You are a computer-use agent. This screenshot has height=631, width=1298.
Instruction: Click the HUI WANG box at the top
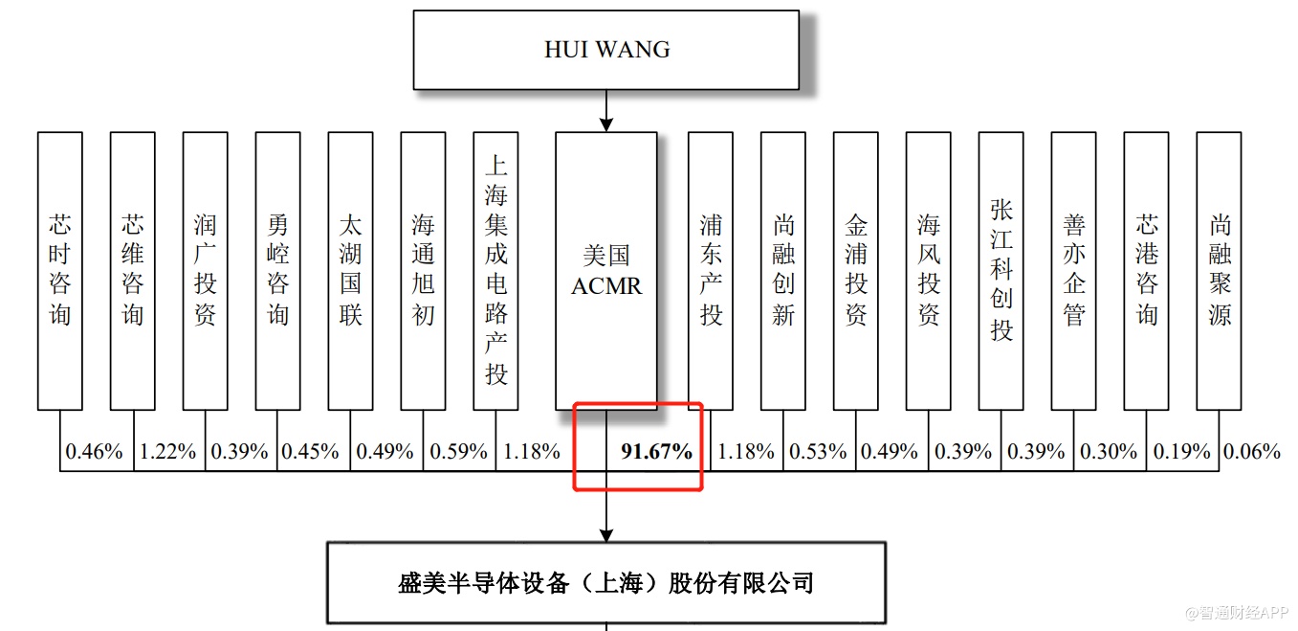(605, 50)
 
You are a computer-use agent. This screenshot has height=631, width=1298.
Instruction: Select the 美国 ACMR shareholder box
(606, 271)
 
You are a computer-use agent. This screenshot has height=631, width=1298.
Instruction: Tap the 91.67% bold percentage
(656, 451)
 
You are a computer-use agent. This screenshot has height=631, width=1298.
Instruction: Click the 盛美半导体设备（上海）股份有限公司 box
(605, 582)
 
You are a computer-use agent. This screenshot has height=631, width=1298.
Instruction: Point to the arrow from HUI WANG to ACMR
(605, 111)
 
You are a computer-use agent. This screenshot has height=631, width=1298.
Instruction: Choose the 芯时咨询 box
(60, 271)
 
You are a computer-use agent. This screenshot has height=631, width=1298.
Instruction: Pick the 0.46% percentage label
(94, 451)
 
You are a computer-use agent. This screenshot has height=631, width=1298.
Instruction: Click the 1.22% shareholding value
(167, 451)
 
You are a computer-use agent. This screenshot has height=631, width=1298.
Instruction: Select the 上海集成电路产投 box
(495, 271)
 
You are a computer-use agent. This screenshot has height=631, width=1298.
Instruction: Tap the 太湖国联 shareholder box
(350, 271)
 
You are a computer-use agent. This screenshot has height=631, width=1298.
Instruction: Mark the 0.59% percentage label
(458, 451)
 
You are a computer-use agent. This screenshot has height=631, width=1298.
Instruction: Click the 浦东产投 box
(711, 271)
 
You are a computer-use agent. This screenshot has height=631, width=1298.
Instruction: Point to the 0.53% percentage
(819, 451)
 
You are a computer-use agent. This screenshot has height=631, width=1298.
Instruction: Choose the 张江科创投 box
(1001, 271)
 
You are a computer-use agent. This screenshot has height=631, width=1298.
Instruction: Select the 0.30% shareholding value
(1109, 451)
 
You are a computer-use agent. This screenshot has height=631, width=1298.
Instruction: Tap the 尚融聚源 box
(1219, 271)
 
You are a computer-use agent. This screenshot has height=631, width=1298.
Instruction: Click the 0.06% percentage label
(1252, 451)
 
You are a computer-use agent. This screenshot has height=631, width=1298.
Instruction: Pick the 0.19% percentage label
(1181, 451)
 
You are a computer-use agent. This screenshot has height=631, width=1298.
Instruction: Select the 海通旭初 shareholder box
(423, 271)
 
